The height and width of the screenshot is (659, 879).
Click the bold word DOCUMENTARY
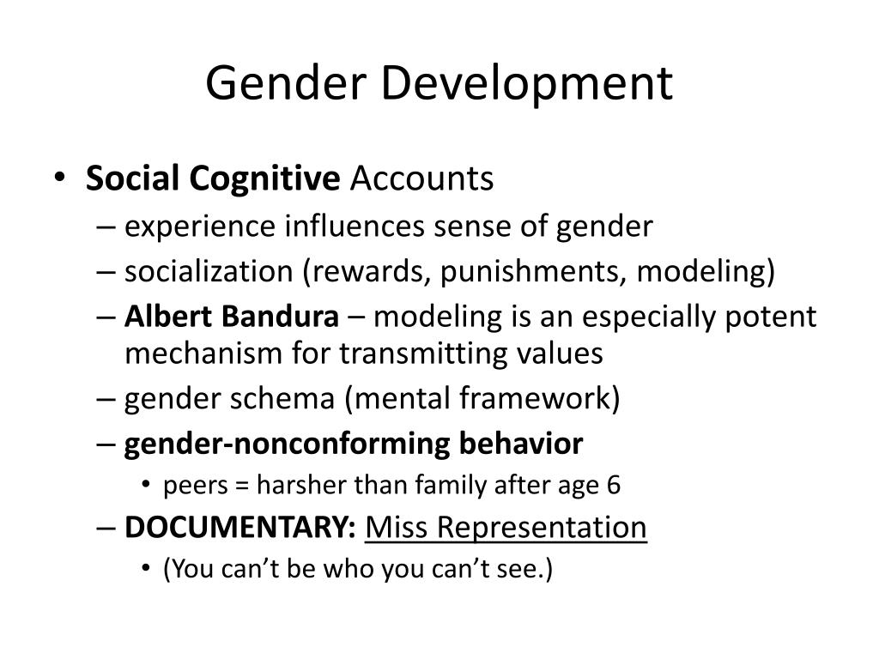(x=239, y=527)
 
